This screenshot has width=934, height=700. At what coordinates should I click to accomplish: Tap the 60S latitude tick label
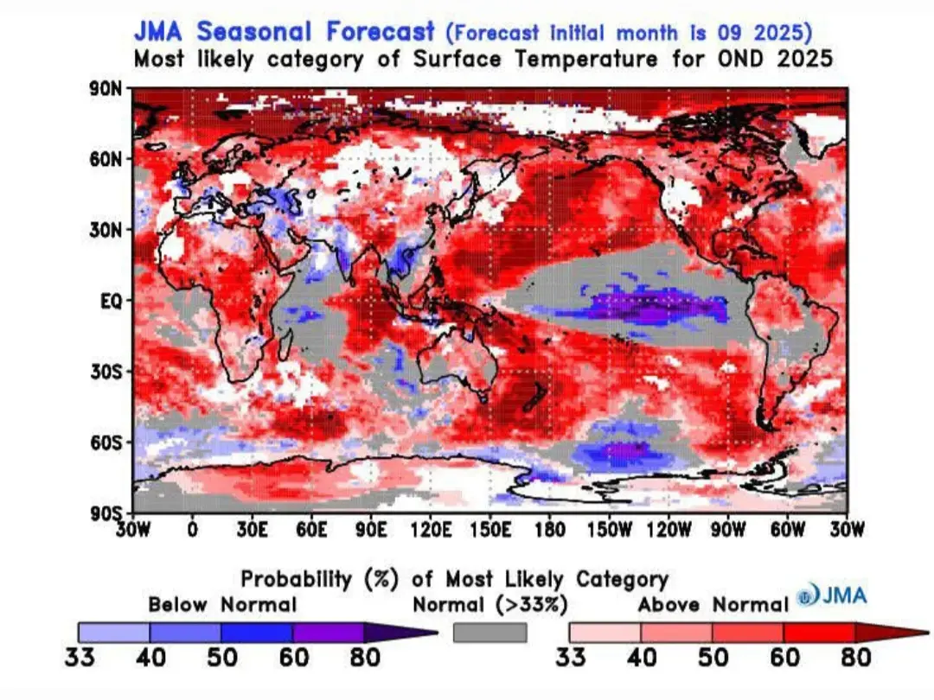[112, 442]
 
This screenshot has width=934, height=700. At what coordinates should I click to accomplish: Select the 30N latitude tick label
[112, 230]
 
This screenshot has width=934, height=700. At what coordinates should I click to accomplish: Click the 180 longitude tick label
[549, 530]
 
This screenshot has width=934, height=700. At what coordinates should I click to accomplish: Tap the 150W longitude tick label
[609, 530]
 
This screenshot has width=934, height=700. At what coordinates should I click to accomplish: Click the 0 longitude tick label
[192, 530]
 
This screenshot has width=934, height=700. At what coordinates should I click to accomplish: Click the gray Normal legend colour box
[489, 633]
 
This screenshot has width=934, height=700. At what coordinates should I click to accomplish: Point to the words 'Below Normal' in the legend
[222, 605]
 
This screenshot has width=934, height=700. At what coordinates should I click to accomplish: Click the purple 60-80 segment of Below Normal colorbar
[328, 633]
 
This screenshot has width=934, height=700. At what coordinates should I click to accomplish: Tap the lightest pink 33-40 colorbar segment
[605, 633]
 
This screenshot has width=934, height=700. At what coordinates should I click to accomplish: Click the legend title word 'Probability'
[296, 579]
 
